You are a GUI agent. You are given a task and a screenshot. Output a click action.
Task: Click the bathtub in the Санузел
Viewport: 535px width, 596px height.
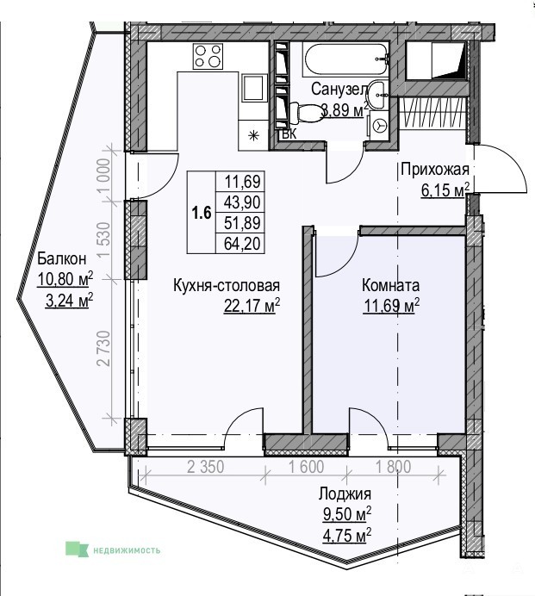click(x=345, y=59)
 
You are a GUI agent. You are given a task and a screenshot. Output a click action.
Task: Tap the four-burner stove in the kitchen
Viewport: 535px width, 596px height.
click(x=208, y=56)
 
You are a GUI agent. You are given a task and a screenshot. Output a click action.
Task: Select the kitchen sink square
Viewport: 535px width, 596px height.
click(x=253, y=88)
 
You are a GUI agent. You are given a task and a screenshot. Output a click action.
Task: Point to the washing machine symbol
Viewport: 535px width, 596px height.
click(x=379, y=125)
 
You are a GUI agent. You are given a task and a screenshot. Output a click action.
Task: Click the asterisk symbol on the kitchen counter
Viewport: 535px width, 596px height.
click(x=253, y=135)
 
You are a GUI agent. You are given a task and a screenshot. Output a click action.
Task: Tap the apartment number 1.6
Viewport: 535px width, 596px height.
click(x=201, y=213)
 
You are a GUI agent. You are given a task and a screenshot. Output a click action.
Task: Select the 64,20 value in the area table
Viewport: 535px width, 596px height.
click(x=242, y=243)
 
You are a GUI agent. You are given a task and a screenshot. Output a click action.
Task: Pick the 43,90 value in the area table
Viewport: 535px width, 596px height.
click(x=242, y=202)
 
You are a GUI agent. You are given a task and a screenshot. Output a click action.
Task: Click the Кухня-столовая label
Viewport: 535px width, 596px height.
click(x=227, y=285)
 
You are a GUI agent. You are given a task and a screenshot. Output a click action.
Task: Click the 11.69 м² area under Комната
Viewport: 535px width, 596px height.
click(x=392, y=305)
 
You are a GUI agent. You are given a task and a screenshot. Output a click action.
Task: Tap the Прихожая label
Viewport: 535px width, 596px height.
click(x=435, y=170)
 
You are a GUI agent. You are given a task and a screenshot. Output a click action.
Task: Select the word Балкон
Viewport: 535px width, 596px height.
click(x=62, y=259)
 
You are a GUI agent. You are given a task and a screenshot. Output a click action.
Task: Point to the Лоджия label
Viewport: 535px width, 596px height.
click(x=345, y=494)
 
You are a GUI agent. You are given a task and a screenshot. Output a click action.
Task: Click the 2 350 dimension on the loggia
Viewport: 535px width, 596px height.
click(x=205, y=467)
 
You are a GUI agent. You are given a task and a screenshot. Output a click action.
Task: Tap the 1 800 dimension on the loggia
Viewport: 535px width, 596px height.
click(x=393, y=467)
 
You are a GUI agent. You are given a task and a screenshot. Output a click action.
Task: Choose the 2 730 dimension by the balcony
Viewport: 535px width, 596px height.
click(x=103, y=349)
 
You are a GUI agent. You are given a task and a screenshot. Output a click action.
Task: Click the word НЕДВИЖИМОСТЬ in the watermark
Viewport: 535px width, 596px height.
click(x=127, y=550)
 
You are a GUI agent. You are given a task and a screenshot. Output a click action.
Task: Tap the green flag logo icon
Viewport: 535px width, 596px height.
click(x=78, y=549)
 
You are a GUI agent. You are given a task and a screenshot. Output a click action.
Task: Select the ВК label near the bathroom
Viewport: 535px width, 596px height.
click(x=289, y=134)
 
